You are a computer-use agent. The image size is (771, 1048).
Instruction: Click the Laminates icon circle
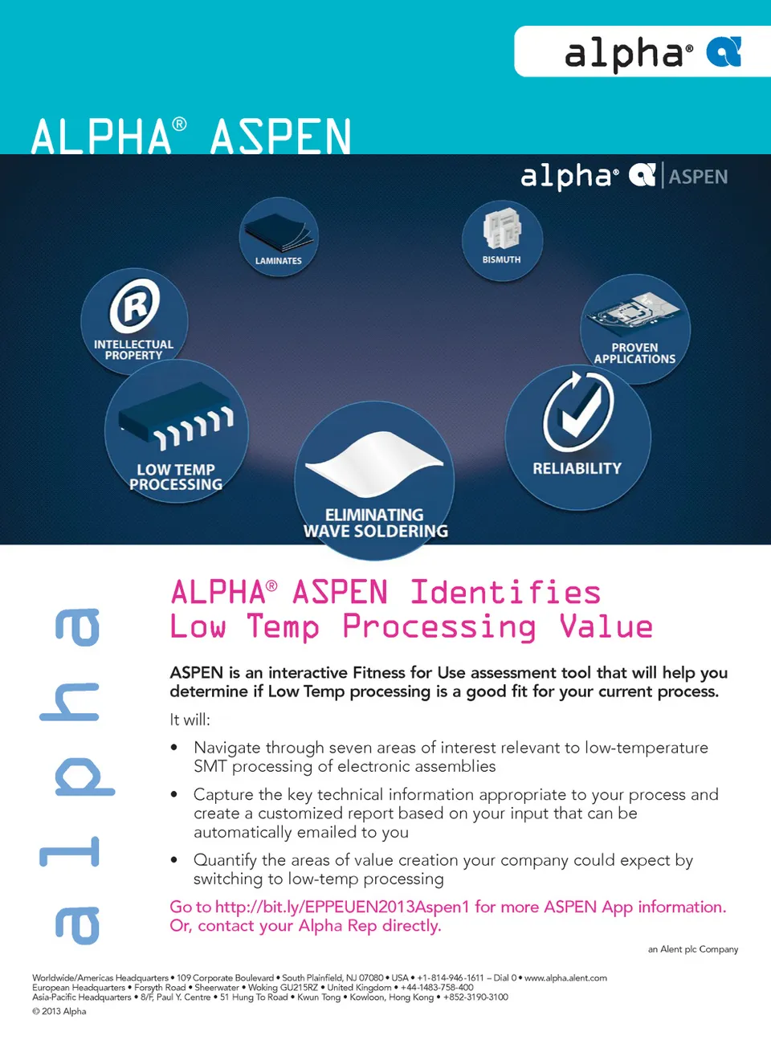279,237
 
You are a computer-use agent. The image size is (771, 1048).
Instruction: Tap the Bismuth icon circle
502,239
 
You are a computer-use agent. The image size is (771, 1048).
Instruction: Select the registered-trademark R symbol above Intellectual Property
134,305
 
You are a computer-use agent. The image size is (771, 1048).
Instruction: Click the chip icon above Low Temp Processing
177,422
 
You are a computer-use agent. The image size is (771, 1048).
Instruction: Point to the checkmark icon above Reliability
577,411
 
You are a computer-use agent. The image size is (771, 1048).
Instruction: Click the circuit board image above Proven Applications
634,314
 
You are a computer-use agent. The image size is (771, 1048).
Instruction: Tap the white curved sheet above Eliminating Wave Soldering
373,462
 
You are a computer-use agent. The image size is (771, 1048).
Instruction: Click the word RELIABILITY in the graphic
577,468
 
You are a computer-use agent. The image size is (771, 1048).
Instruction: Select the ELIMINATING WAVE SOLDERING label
375,523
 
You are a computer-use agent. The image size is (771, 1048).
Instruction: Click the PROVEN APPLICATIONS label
634,353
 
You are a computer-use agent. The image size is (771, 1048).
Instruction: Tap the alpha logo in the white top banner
651,53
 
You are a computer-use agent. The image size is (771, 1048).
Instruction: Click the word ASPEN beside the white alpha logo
698,177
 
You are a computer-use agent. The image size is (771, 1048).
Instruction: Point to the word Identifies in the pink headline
505,593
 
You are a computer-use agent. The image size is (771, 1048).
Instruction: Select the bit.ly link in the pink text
341,907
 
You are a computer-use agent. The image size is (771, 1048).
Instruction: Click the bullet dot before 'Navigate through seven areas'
174,748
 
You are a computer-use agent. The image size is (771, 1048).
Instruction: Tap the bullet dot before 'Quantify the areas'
174,860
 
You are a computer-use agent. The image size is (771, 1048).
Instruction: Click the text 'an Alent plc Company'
692,949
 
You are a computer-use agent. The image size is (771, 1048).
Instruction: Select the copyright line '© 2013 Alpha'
59,1011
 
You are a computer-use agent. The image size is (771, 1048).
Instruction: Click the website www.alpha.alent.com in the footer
565,977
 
